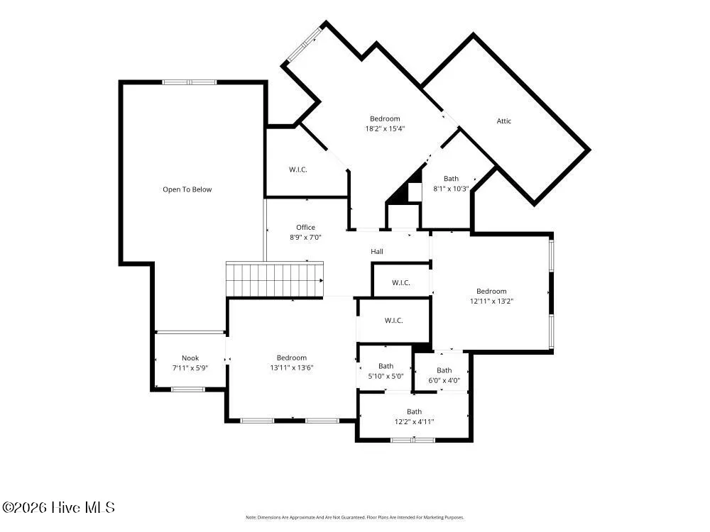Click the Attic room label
503,121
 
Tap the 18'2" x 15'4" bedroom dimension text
385,128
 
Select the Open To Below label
187,189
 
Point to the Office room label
305,227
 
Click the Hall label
377,252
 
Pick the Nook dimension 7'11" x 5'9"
190,367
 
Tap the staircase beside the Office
275,279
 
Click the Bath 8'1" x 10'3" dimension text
451,189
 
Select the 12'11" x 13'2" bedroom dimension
491,301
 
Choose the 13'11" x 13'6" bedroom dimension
292,367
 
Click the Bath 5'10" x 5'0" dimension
386,376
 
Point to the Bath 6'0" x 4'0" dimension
444,380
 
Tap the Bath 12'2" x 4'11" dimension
415,421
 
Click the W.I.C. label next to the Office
298,170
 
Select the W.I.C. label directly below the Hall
400,283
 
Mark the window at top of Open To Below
190,82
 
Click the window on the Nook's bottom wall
188,389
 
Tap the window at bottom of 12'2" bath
413,439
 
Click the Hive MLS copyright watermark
58,508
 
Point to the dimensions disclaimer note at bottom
355,517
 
